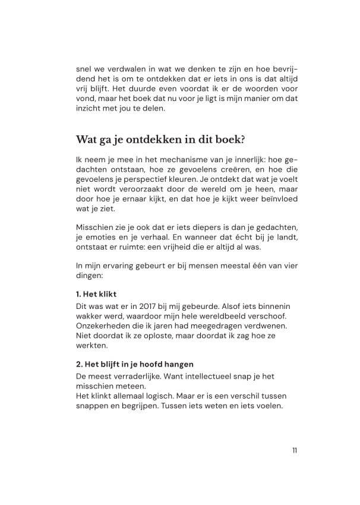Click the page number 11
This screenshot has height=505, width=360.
tap(295, 450)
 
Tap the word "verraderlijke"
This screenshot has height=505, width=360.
tap(137, 375)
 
